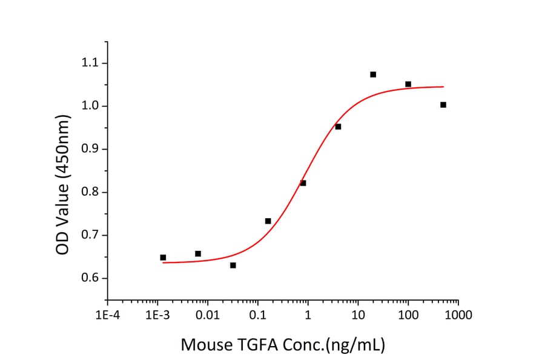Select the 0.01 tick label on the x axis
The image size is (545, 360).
207,315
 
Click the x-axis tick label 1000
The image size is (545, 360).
458,315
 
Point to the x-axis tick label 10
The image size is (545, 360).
358,315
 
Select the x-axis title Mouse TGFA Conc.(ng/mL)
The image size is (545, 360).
283,345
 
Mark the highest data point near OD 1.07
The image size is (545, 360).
373,75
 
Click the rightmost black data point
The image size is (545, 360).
443,105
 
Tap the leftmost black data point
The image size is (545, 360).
163,258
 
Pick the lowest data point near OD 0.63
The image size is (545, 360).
233,265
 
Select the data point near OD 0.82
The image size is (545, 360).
303,183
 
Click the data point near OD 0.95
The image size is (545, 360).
338,127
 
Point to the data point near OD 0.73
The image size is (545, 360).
268,221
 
